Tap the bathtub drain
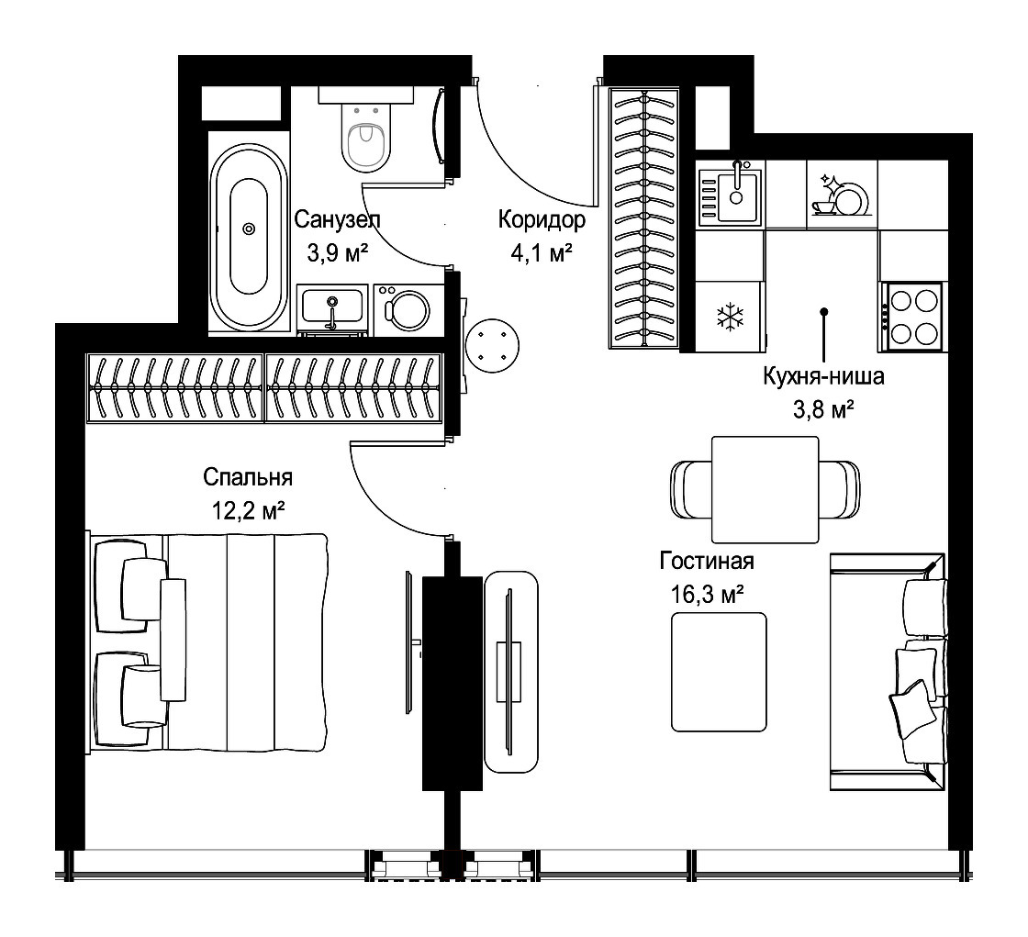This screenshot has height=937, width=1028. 249,229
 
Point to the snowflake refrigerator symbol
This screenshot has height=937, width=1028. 728,316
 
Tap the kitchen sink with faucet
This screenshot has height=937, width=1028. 731,195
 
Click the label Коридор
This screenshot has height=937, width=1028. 542,219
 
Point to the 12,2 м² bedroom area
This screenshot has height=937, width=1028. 248,510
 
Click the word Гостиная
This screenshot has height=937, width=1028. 707,562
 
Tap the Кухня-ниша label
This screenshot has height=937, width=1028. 823,376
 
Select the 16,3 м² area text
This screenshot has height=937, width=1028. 707,595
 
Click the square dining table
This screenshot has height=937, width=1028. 765,490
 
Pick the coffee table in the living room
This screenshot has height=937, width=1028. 720,672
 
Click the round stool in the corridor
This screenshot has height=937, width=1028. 492,345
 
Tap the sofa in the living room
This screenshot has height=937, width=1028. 888,672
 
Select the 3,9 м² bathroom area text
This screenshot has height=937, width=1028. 338,252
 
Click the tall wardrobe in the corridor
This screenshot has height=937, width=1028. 644,218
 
